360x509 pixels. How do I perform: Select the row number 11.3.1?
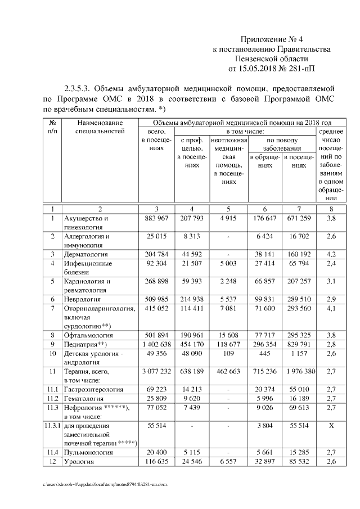[x=52, y=426]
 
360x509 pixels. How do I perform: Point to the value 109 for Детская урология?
[x=227, y=353]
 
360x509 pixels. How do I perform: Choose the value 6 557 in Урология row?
[x=227, y=462]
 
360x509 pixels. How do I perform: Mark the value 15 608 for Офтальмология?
[x=227, y=335]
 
